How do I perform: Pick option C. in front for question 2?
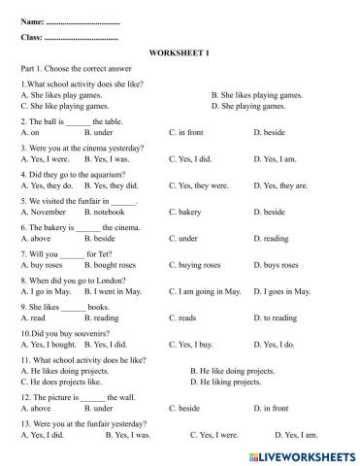coord(189,130)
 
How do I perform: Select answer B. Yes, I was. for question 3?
coord(111,158)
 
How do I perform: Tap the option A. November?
coord(43,212)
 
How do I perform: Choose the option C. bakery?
coord(186,212)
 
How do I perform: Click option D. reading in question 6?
coord(270,238)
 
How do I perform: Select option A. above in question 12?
coord(37,409)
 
